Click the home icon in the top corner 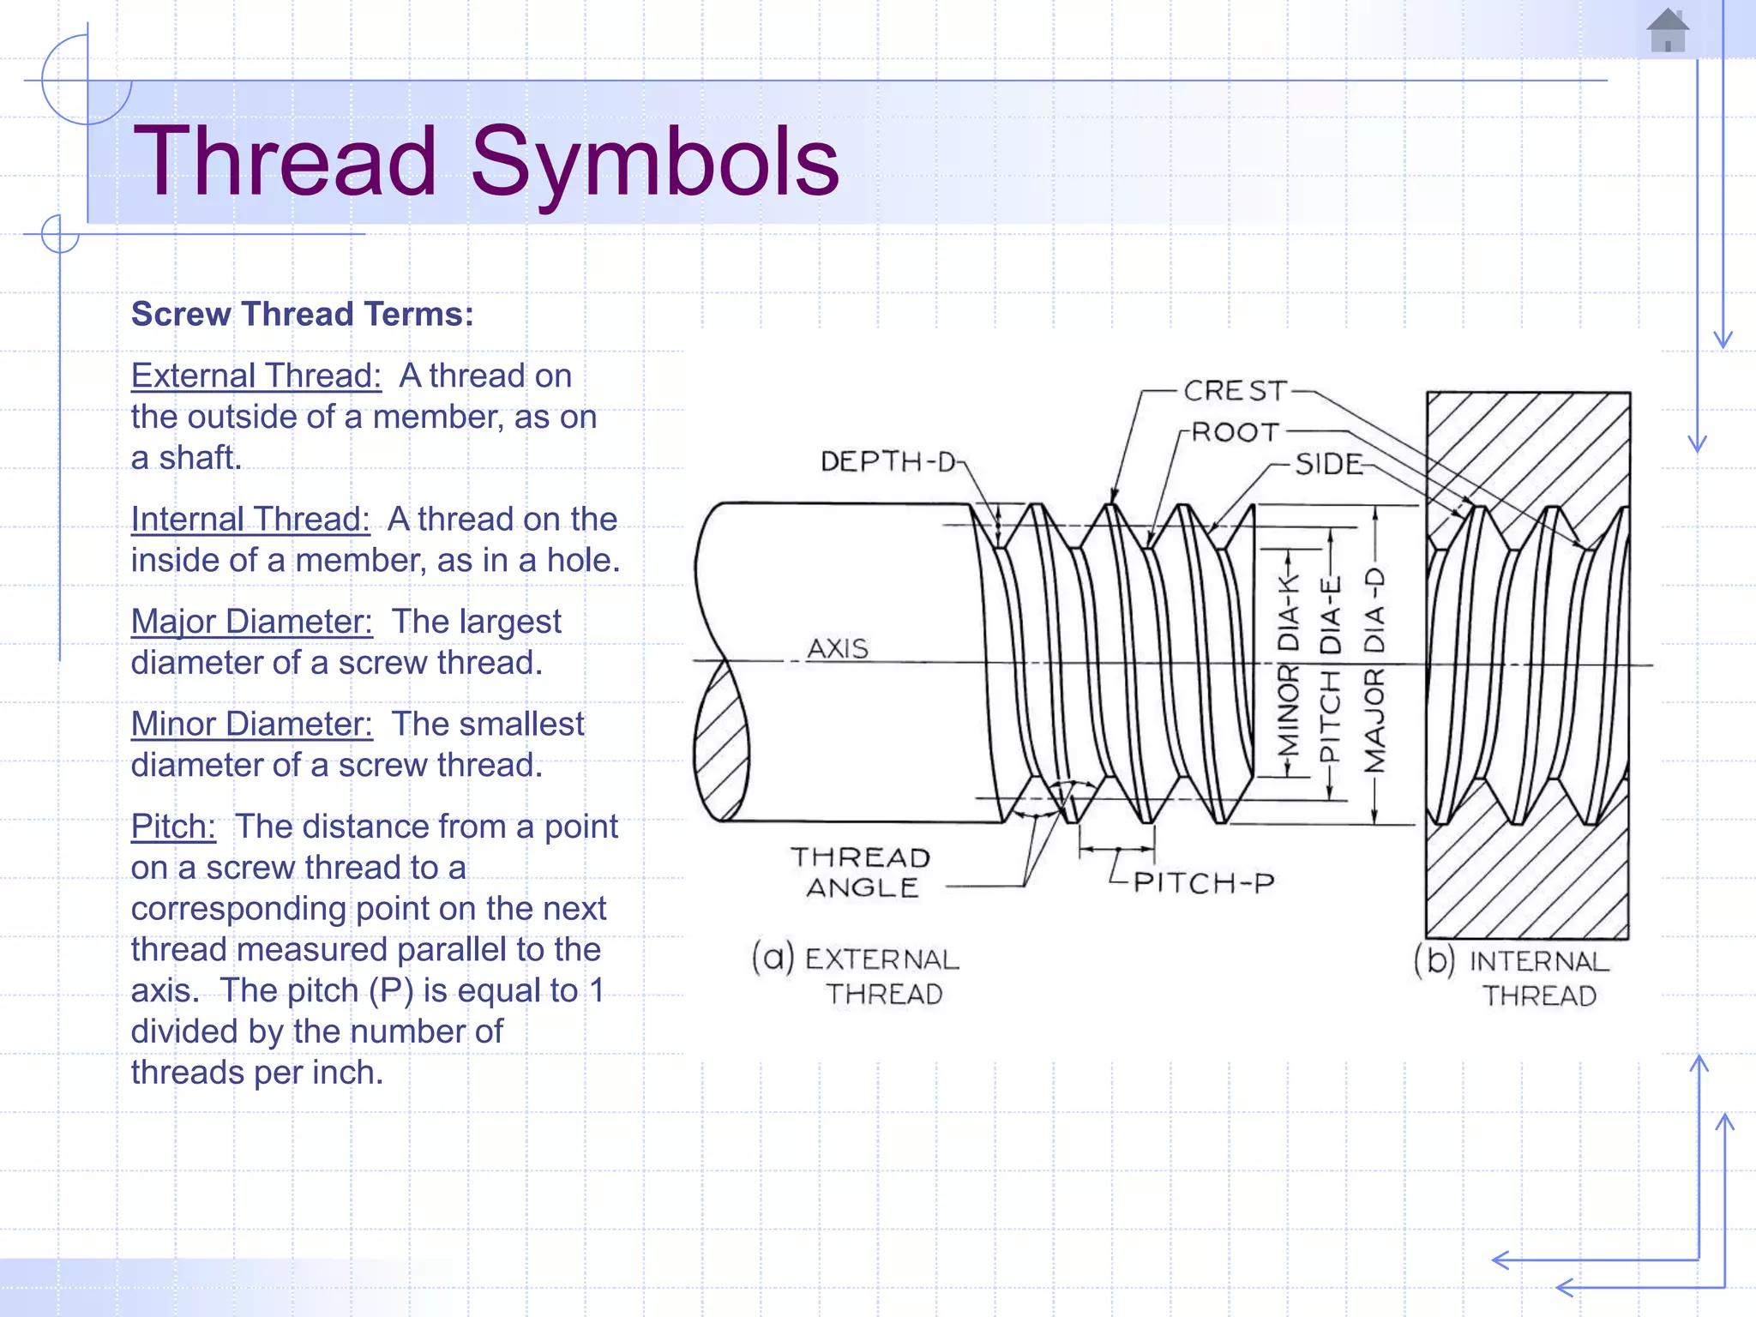(1667, 31)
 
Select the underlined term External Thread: (256, 376)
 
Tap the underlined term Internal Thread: (250, 520)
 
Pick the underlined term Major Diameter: (251, 622)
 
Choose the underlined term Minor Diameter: (251, 725)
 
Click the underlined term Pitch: (173, 827)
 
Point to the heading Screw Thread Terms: (302, 315)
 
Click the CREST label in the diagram (1235, 391)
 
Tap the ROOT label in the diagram (1236, 432)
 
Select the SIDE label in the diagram (1327, 465)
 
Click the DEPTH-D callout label (888, 462)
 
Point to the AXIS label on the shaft (838, 648)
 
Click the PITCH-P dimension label (1204, 882)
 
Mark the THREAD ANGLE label (861, 872)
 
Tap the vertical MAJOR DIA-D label (1374, 669)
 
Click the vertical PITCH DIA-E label (1330, 669)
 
